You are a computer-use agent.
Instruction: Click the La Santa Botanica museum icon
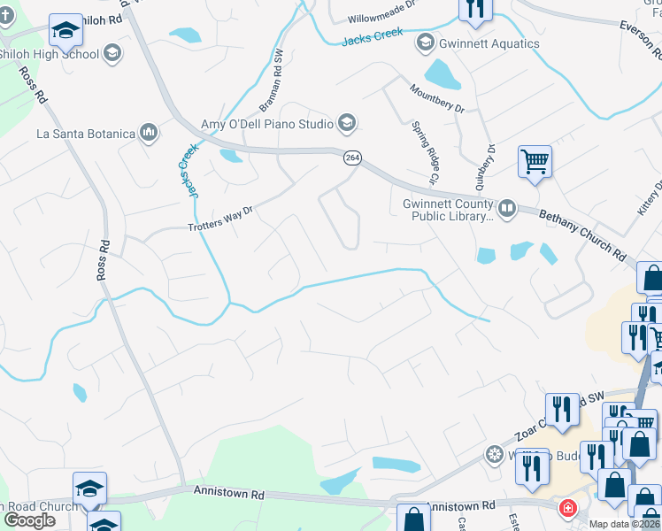[x=148, y=134]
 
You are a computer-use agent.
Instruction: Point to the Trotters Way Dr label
[x=221, y=219]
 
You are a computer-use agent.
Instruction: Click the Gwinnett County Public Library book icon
[x=507, y=209]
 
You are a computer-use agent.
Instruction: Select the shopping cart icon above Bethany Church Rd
[x=535, y=162]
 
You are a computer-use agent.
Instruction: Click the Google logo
[x=29, y=520]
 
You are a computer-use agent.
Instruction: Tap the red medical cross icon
[x=566, y=509]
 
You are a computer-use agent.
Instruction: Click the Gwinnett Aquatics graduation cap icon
[x=426, y=42]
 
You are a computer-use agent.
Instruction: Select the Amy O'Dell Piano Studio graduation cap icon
[x=347, y=122]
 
